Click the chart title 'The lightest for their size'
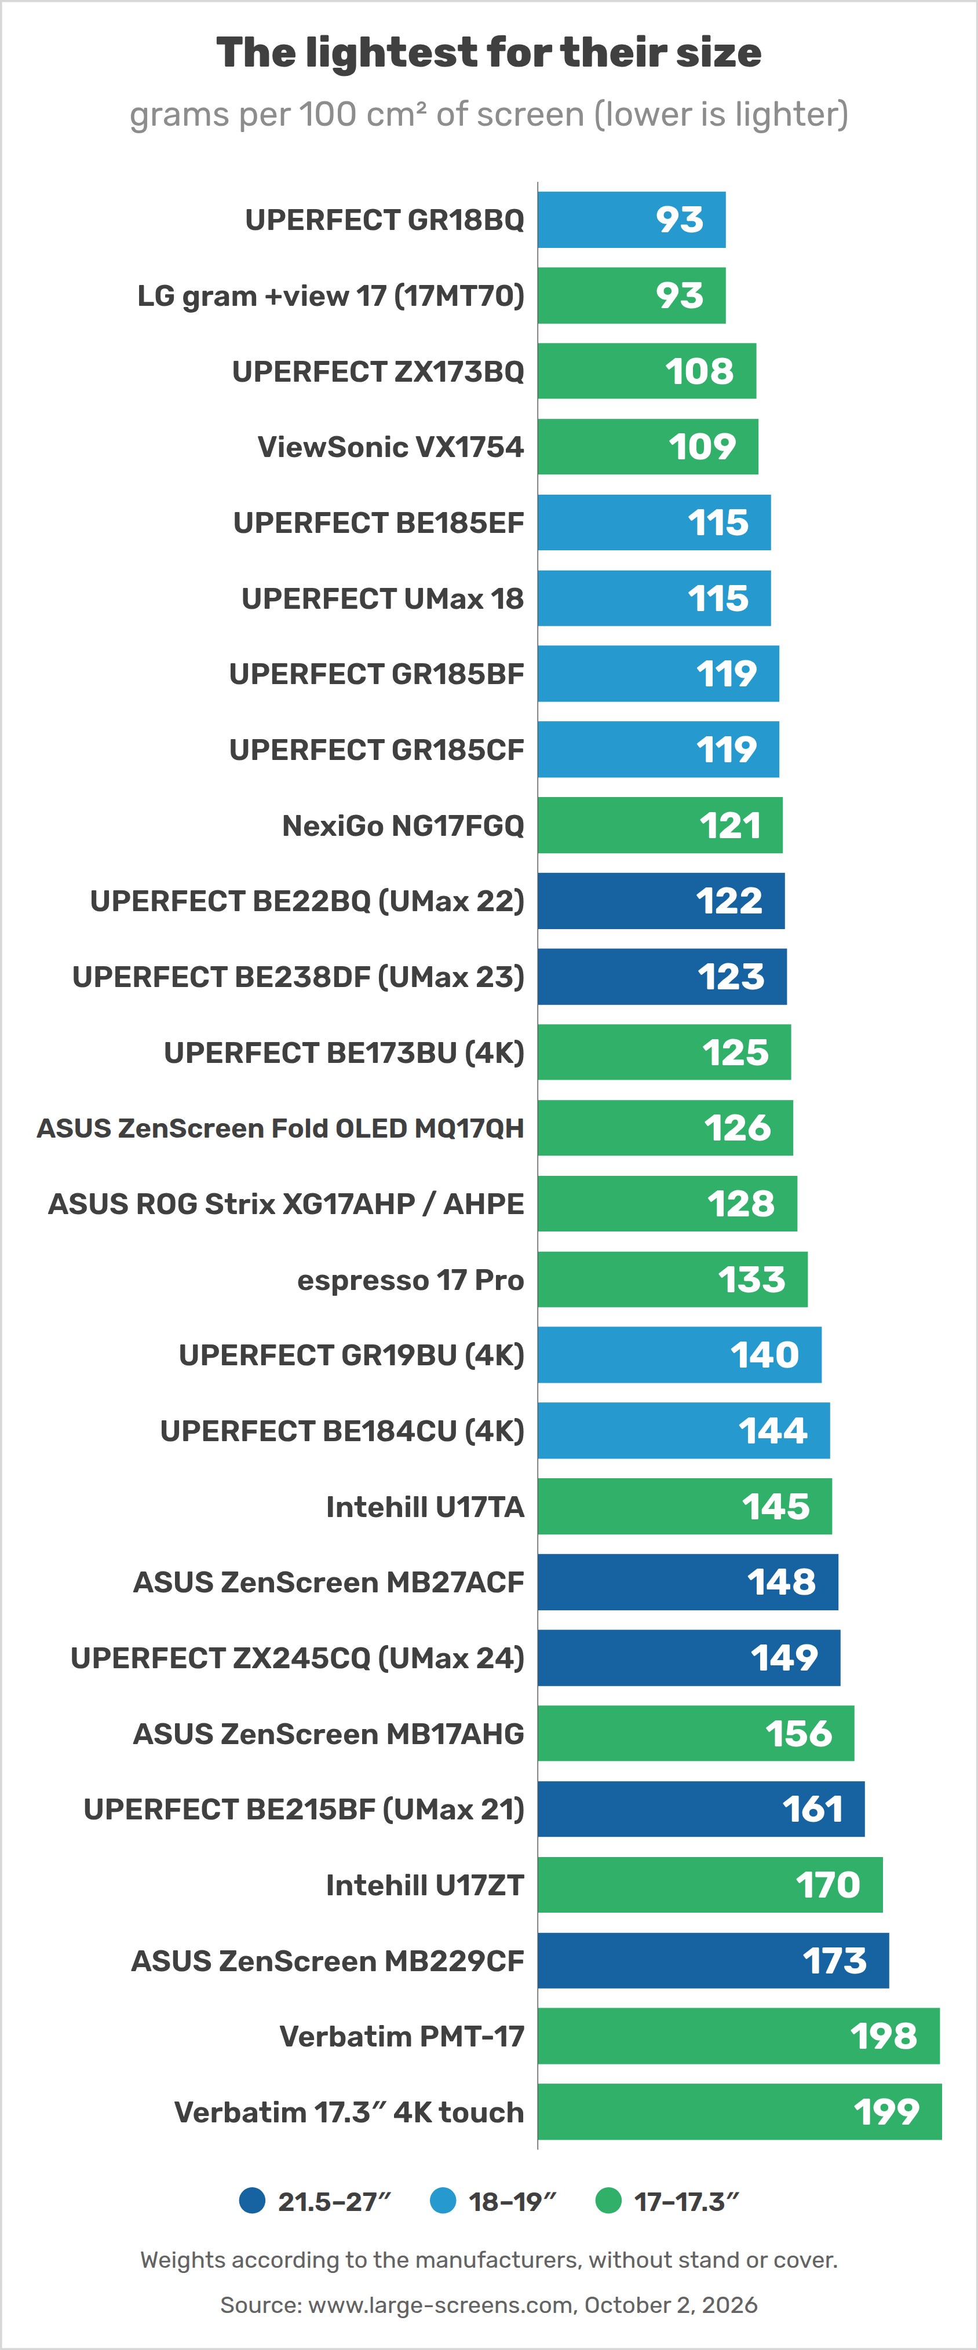(x=489, y=53)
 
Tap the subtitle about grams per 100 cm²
(x=489, y=115)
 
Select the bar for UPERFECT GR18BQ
(x=632, y=220)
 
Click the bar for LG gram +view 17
(x=632, y=295)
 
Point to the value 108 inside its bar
(x=699, y=371)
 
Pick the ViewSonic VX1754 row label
(x=391, y=447)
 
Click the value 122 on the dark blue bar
(x=729, y=901)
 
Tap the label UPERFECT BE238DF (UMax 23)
(x=298, y=977)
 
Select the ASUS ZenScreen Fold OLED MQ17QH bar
(x=665, y=1128)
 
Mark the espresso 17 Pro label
(x=411, y=1280)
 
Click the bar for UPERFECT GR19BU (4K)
(x=680, y=1355)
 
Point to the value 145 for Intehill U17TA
(x=775, y=1507)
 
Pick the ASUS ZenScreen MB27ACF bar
(x=688, y=1582)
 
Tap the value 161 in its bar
(x=813, y=1810)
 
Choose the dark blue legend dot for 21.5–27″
(x=252, y=2201)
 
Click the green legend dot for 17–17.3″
(x=608, y=2201)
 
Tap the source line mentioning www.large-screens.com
(x=489, y=2305)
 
